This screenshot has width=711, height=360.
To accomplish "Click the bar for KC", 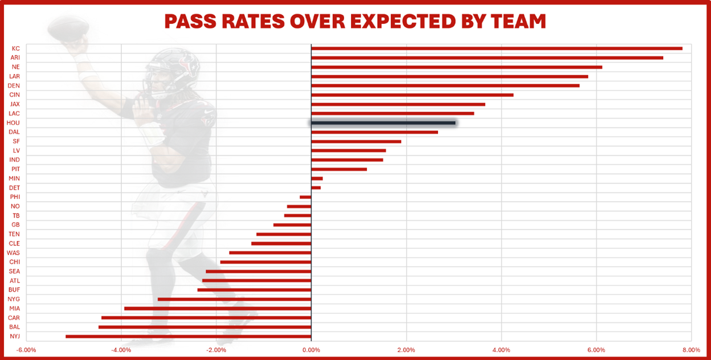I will pyautogui.click(x=496, y=48).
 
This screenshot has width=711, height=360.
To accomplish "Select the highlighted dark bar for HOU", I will pyautogui.click(x=383, y=123).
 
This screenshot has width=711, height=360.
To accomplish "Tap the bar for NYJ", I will pyautogui.click(x=189, y=337).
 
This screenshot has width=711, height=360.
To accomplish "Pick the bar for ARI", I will pyautogui.click(x=487, y=58).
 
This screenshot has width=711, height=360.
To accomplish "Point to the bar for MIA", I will pyautogui.click(x=218, y=309).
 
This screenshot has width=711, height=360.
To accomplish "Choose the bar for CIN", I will pyautogui.click(x=412, y=95).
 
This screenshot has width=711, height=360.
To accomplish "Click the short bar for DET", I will pyautogui.click(x=316, y=188).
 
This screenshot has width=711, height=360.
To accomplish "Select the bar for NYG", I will pyautogui.click(x=234, y=299).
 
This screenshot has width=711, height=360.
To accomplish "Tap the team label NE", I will pyautogui.click(x=15, y=67).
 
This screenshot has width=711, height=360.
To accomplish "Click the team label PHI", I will pyautogui.click(x=15, y=197).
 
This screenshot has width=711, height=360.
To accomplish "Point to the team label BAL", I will pyautogui.click(x=15, y=327).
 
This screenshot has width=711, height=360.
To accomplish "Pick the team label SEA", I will pyautogui.click(x=15, y=271).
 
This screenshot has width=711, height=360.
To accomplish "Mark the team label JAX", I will pyautogui.click(x=15, y=104).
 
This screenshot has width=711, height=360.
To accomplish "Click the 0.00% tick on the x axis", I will pyautogui.click(x=311, y=350).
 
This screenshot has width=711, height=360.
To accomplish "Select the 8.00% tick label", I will pyautogui.click(x=690, y=350).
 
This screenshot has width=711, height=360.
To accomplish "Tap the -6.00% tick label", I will pyautogui.click(x=26, y=350).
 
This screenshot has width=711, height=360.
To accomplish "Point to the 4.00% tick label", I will pyautogui.click(x=501, y=350).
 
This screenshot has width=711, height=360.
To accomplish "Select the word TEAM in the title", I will pyautogui.click(x=519, y=22).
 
